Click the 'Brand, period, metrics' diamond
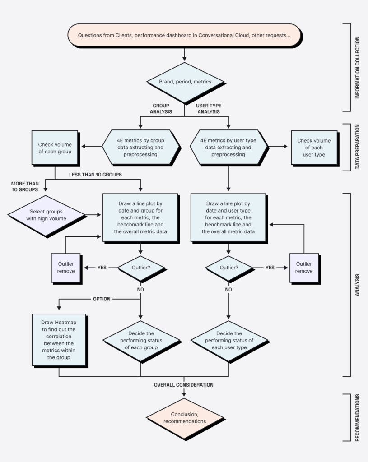pos(185,82)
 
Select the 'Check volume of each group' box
pos(55,148)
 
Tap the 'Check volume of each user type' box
pos(313,148)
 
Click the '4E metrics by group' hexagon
pos(140,148)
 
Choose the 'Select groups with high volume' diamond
pos(47,215)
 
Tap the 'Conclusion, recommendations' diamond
pos(185,418)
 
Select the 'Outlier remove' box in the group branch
pos(66,268)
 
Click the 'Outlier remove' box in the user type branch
pos(304,268)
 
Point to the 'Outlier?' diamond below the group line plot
pos(140,268)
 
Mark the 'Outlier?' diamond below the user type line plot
pos(228,268)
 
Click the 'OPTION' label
pos(102,299)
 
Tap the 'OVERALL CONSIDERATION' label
pos(184,385)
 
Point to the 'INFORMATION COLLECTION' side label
pos(358,67)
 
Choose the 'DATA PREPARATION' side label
pos(358,148)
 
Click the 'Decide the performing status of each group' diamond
pos(140,341)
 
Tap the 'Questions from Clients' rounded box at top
pos(184,35)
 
